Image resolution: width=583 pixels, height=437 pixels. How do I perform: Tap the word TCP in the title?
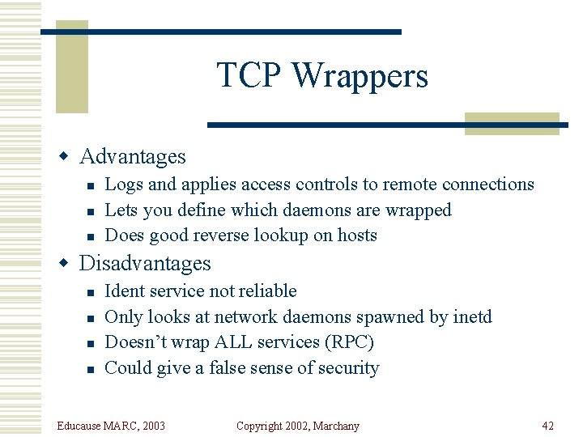[x=250, y=76]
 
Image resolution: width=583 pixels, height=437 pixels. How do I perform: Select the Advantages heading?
[x=133, y=156]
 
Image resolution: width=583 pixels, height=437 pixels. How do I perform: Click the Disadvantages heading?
[x=145, y=263]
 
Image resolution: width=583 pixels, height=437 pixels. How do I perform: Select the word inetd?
[x=471, y=316]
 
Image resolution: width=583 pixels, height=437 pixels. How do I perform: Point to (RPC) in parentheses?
[x=348, y=342]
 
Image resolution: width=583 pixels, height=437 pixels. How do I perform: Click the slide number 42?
[x=548, y=426]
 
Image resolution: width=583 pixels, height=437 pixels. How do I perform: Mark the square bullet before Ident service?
[x=91, y=292]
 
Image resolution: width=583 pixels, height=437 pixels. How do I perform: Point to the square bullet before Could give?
[x=91, y=369]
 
